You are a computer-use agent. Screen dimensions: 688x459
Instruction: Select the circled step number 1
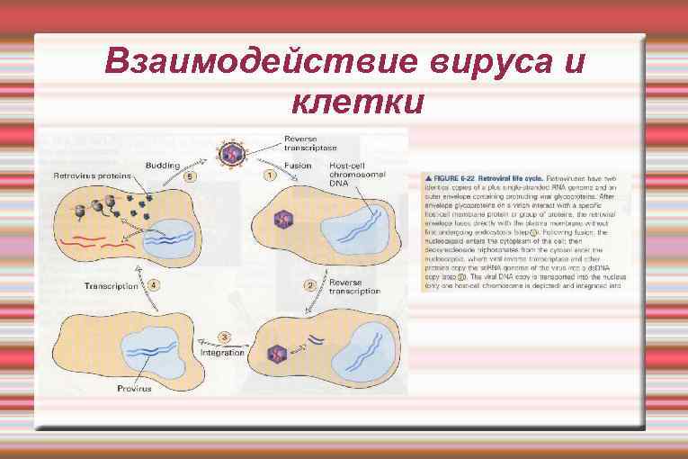(269, 175)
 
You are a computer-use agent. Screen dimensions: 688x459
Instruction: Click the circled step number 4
(154, 285)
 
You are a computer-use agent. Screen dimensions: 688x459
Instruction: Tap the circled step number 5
(190, 176)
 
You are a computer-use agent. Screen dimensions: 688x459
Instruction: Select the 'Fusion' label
(298, 166)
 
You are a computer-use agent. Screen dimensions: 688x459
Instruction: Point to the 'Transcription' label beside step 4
(112, 286)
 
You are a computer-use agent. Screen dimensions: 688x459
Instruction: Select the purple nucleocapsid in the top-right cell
(285, 219)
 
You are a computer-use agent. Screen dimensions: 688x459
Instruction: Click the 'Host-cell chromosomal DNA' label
(347, 175)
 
